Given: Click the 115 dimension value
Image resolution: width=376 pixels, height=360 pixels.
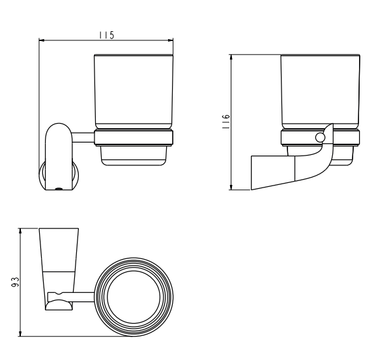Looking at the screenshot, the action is pyautogui.click(x=107, y=35).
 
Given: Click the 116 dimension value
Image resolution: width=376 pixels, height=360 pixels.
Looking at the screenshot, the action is pyautogui.click(x=226, y=122).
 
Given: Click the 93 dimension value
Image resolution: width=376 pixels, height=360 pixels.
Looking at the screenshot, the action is pyautogui.click(x=15, y=282).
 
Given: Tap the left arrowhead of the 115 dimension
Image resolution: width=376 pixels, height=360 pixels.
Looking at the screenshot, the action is pyautogui.click(x=42, y=40).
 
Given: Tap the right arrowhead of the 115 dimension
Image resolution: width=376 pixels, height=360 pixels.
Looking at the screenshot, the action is pyautogui.click(x=170, y=40).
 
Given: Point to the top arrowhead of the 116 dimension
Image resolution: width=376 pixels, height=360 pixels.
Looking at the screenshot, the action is pyautogui.click(x=231, y=57).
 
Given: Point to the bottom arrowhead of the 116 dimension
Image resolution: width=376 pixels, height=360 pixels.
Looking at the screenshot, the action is pyautogui.click(x=231, y=187).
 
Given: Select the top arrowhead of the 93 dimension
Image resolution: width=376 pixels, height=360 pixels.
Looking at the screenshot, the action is pyautogui.click(x=20, y=231).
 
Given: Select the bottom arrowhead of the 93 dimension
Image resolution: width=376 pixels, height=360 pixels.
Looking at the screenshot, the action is pyautogui.click(x=20, y=333).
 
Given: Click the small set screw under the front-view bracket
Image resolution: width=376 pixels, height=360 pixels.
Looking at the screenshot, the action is pyautogui.click(x=59, y=189).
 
